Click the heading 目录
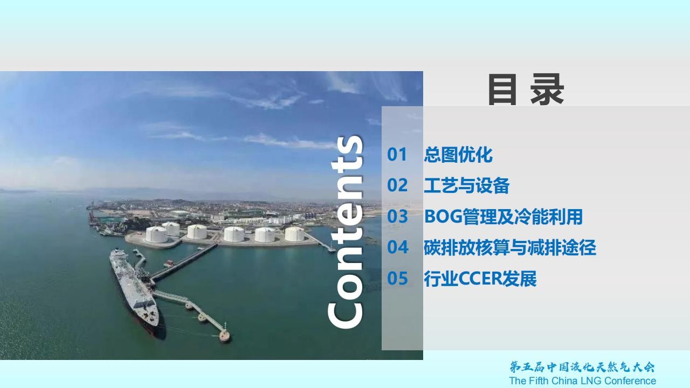(526, 89)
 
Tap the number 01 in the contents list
(397, 154)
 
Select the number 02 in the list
(397, 185)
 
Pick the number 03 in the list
(397, 216)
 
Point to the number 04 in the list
(398, 247)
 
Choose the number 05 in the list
(397, 279)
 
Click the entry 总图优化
(458, 155)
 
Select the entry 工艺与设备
(467, 185)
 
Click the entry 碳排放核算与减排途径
(510, 247)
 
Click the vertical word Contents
(346, 232)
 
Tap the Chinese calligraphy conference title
(582, 367)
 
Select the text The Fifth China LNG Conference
(583, 381)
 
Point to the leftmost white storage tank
(156, 234)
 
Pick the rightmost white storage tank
(294, 234)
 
